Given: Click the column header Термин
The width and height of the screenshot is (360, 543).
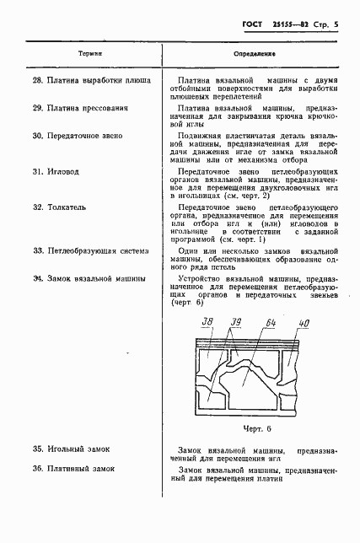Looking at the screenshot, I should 90,52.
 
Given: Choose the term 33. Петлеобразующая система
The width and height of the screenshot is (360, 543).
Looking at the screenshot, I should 92,250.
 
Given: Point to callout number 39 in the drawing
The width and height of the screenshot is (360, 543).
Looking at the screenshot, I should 236,320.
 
